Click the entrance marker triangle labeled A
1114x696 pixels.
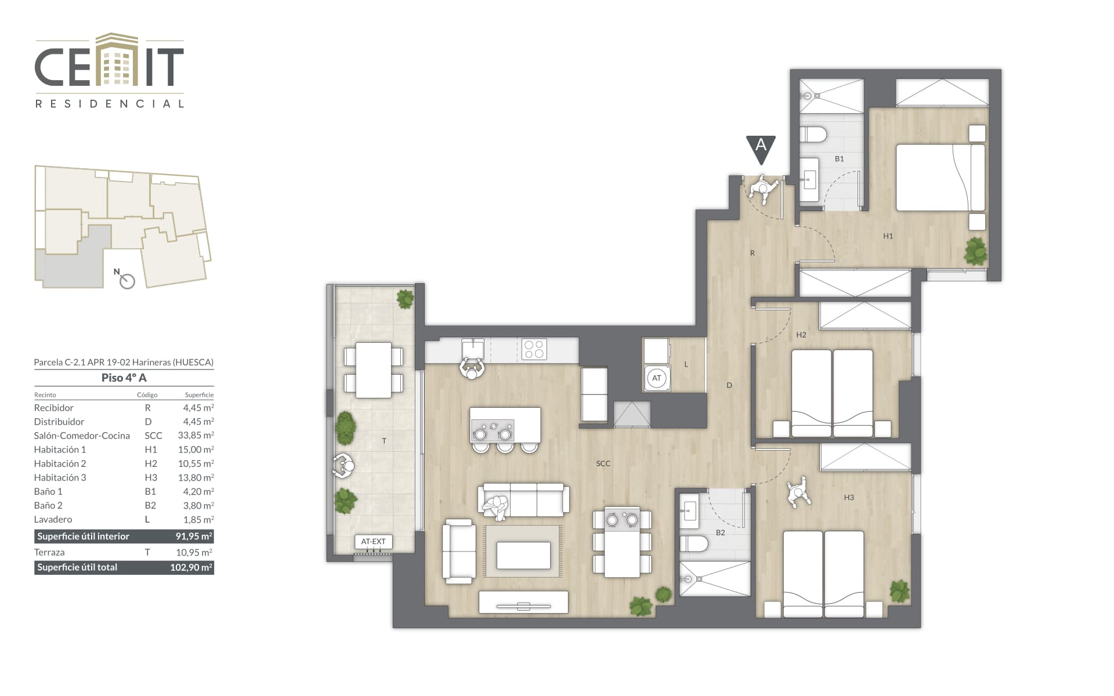pos(761,148)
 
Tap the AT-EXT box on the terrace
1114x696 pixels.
pos(374,542)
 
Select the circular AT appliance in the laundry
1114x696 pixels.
pos(656,378)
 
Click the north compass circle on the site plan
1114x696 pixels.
pos(127,281)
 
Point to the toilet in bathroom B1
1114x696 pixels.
pos(813,135)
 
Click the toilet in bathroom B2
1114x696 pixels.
pos(694,545)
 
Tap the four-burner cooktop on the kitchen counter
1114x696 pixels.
pos(534,349)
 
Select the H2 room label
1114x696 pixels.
pos(801,335)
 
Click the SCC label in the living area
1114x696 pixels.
pos(603,463)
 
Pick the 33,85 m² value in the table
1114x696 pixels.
pos(196,435)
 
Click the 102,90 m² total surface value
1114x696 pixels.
pos(191,567)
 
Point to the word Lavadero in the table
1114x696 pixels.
pos(53,519)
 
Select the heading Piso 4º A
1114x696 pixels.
pos(124,378)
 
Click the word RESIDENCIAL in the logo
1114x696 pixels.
pos(110,104)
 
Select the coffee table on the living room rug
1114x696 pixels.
pos(523,555)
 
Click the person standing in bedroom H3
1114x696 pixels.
pos(799,492)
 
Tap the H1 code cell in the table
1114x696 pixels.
pos(150,449)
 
